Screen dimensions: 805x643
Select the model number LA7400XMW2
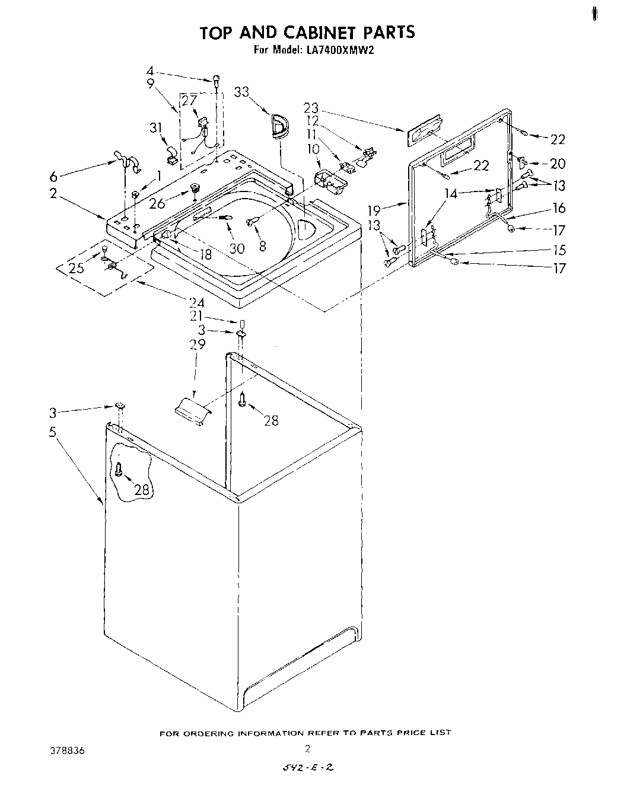tap(340, 50)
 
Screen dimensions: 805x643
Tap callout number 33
tap(241, 92)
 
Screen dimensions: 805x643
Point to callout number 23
tap(311, 108)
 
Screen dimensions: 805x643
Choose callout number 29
tap(197, 344)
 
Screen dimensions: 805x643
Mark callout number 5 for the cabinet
tap(53, 432)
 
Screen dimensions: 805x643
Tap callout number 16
tap(559, 208)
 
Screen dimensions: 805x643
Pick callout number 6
tap(53, 176)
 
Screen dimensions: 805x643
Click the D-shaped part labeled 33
tap(278, 127)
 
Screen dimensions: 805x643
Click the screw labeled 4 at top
tap(217, 80)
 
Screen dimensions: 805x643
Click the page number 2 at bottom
tap(307, 748)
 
